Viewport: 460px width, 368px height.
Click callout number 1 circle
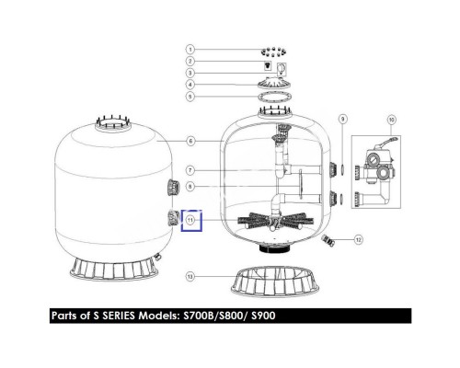coord(190,50)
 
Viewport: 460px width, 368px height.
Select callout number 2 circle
coord(190,61)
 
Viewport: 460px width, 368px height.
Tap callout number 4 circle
coord(190,85)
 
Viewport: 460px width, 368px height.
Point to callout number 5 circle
coord(190,97)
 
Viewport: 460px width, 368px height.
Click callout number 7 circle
coord(190,170)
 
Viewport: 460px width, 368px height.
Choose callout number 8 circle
coord(190,187)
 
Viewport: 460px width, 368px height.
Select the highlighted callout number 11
coord(190,220)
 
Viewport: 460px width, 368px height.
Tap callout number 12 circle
coord(359,239)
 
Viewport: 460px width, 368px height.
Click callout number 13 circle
coord(190,277)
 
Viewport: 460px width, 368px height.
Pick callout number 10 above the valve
coord(391,120)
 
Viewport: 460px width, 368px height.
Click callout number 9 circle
coord(343,119)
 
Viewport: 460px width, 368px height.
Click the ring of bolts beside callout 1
coord(273,52)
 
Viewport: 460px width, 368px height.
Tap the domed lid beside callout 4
coord(274,83)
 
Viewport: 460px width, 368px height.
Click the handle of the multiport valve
coord(388,143)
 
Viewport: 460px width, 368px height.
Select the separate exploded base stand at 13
coord(275,282)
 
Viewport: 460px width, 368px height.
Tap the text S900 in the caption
coord(263,316)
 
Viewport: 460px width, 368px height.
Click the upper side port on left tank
coord(173,187)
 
